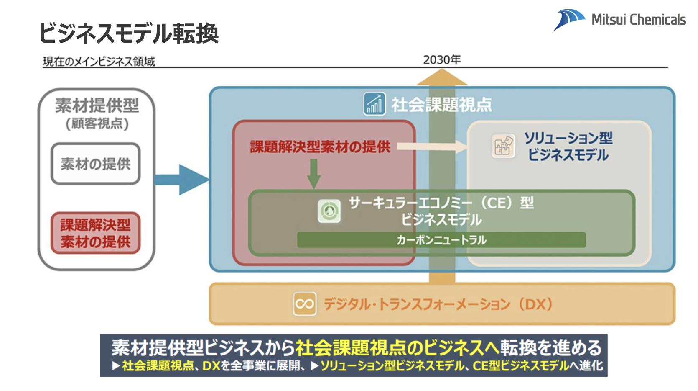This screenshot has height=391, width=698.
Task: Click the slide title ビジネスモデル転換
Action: (129, 33)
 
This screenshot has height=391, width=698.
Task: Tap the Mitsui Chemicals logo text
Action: (639, 20)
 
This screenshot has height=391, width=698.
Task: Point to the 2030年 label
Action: (442, 59)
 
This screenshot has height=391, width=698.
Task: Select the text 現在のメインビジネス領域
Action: (99, 61)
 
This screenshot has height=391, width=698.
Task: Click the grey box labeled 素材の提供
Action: (96, 164)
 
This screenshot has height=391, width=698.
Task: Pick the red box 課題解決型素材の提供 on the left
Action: (96, 233)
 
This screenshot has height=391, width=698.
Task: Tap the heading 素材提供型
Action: (97, 105)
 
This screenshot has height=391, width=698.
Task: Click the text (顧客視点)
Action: (97, 123)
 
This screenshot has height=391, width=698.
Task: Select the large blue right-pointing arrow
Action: (182, 180)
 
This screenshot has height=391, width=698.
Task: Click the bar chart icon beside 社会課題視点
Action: (374, 103)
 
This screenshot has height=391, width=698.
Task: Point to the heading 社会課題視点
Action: (441, 105)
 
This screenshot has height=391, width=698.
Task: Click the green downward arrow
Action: (314, 174)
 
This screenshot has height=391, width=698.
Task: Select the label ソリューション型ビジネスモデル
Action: (568, 147)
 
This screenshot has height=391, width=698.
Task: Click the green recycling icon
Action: (329, 211)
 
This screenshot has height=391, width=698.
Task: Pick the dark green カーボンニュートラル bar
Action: (441, 239)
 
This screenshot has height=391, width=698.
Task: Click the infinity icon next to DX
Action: (304, 304)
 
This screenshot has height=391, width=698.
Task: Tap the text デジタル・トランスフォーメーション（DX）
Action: (438, 304)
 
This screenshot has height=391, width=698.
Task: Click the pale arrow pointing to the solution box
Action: (432, 147)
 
